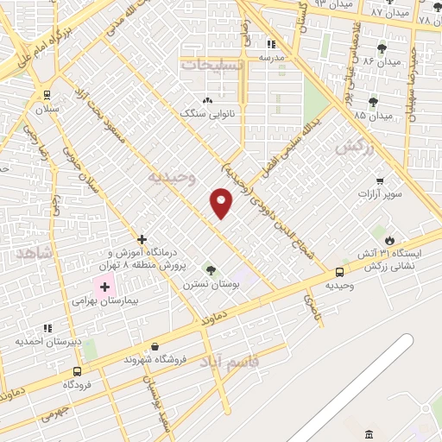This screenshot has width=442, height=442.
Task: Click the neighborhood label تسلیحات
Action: (212, 64)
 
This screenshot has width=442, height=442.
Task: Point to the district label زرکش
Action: (355, 148)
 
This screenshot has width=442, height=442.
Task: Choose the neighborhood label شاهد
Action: (35, 251)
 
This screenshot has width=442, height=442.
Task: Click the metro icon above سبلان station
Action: (46, 96)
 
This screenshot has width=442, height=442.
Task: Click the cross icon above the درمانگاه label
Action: (142, 239)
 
